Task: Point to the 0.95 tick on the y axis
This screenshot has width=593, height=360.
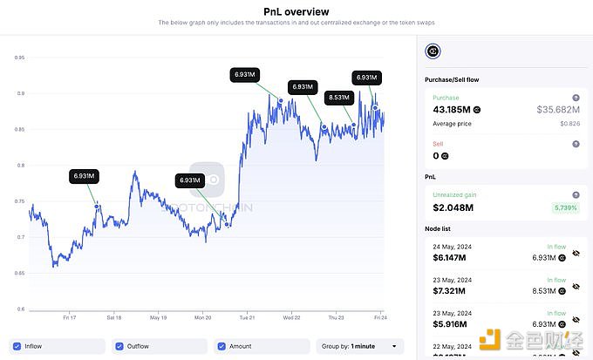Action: [x=19, y=58]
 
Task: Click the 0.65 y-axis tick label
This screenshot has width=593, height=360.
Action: [x=19, y=273]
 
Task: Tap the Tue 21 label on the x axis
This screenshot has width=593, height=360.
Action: [x=247, y=316]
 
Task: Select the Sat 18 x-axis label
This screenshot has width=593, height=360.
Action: [x=113, y=316]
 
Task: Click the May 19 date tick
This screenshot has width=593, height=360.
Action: [x=158, y=316]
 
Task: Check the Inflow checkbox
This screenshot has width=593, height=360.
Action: [x=18, y=346]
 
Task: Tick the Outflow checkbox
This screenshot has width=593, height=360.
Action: [x=120, y=346]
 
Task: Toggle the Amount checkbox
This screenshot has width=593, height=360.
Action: [x=222, y=346]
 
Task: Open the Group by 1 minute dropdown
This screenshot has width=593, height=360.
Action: [x=359, y=346]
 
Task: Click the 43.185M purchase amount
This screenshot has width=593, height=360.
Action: [x=451, y=110]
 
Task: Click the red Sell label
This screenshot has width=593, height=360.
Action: [x=438, y=144]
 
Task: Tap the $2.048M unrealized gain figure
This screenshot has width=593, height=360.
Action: [x=453, y=207]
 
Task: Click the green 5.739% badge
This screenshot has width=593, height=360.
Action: [x=564, y=207]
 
